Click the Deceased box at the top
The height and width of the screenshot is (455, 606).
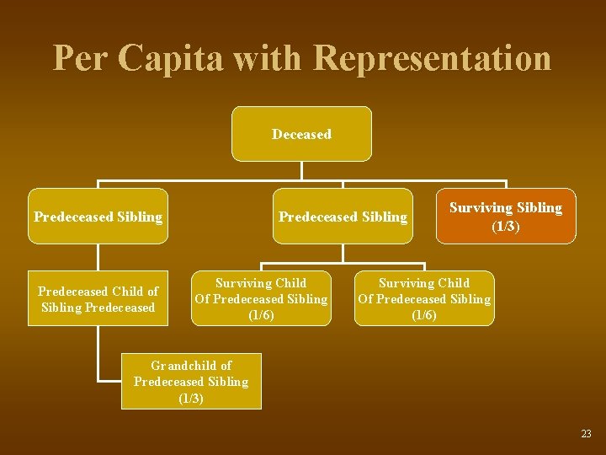click(x=301, y=134)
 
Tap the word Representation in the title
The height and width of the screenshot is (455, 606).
click(x=432, y=58)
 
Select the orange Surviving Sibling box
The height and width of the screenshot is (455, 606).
click(x=505, y=216)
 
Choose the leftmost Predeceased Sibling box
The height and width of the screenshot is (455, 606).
click(x=98, y=217)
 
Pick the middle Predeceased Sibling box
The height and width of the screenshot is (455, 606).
click(x=343, y=217)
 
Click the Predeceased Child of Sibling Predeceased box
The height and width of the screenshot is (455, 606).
click(x=98, y=299)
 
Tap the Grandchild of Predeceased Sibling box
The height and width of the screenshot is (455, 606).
click(x=191, y=381)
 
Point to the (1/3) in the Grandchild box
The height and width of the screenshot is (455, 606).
click(x=191, y=398)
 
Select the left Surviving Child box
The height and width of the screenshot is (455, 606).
click(x=261, y=298)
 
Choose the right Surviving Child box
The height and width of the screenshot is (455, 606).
click(x=424, y=298)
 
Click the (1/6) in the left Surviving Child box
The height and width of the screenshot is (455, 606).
click(x=261, y=315)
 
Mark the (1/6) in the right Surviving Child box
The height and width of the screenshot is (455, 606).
click(x=424, y=315)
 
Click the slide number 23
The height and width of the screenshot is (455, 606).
click(x=586, y=434)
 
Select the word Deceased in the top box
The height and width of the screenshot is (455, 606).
click(x=301, y=134)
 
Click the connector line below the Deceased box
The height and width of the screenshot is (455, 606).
click(x=301, y=171)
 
